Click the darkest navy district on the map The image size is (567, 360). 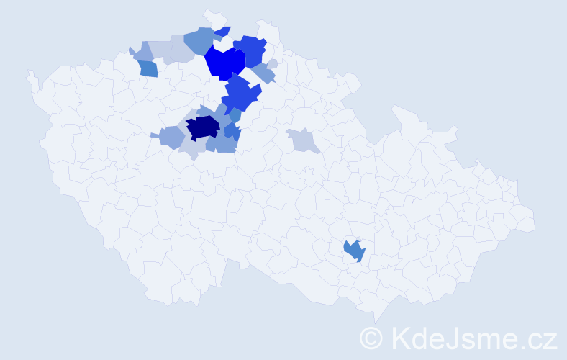coord(202,127)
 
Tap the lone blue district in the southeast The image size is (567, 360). coord(354,251)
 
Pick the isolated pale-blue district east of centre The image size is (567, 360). coord(303,140)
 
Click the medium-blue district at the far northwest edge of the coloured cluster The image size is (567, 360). coord(148,68)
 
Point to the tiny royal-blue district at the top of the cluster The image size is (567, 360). coord(224,31)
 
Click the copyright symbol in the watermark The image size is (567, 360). coord(372,338)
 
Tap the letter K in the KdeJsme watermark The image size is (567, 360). coord(400,338)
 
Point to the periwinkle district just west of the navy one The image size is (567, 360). coord(171,136)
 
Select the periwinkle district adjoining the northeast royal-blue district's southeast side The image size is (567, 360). coord(264,73)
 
